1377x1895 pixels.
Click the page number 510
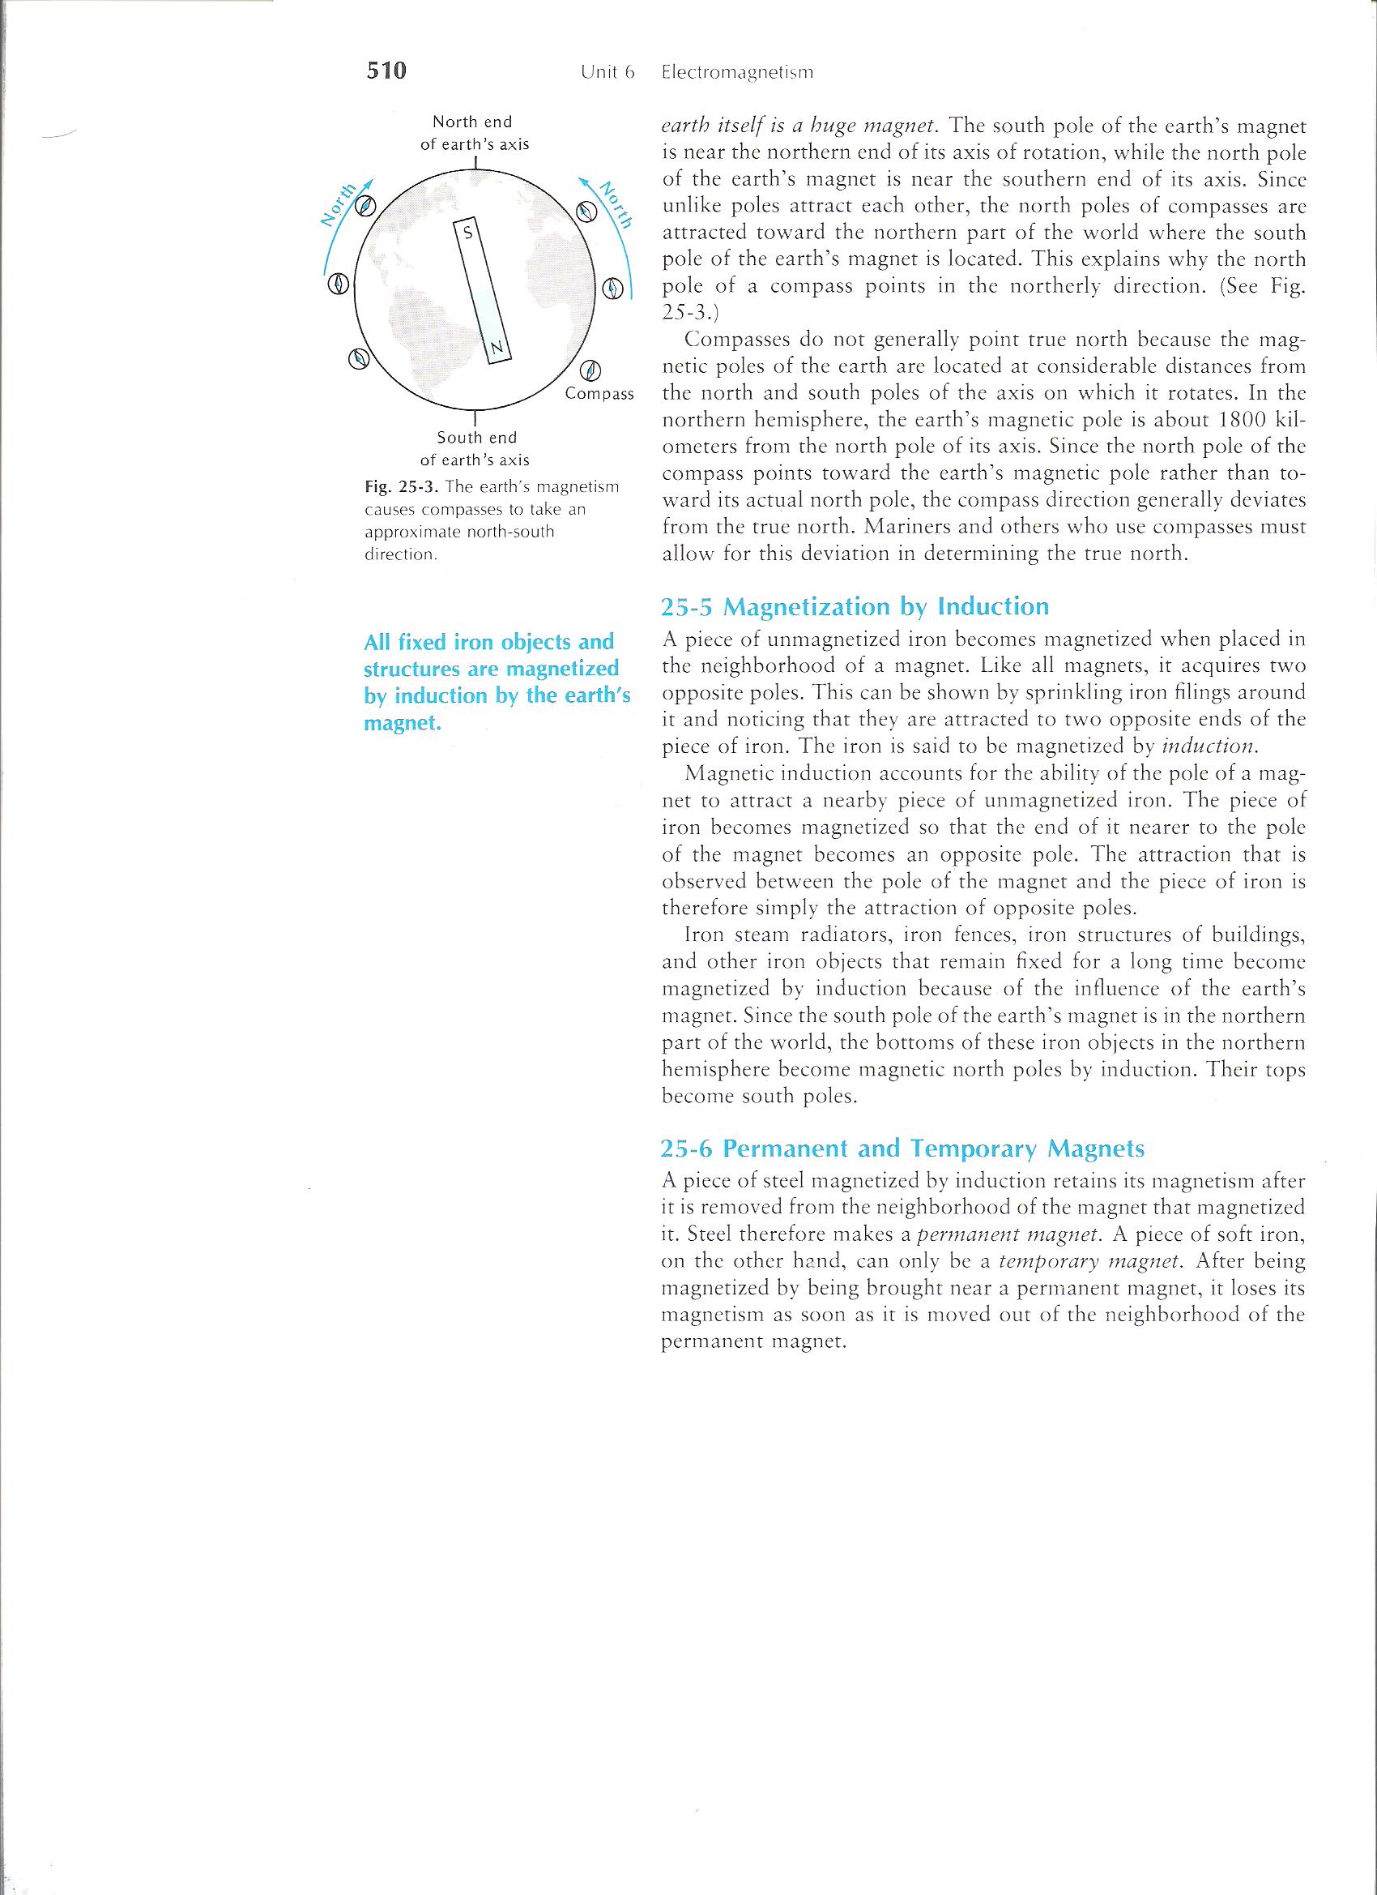(386, 71)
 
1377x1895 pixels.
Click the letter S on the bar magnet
(467, 234)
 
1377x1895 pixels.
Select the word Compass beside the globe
(599, 394)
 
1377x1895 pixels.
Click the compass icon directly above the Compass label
(590, 370)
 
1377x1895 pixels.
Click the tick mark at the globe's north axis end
(475, 162)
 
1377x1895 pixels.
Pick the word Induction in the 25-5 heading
(994, 606)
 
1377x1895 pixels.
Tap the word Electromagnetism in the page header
(736, 73)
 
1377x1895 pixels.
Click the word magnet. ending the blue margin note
(403, 724)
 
